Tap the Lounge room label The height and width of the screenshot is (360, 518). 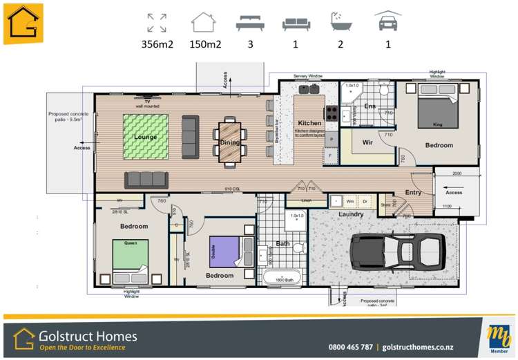click(x=146, y=137)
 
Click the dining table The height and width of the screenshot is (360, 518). click(x=229, y=142)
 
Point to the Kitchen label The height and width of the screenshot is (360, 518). click(x=309, y=122)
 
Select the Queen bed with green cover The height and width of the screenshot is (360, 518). click(x=130, y=256)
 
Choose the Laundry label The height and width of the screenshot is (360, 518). click(x=351, y=214)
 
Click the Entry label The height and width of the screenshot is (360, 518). click(x=413, y=192)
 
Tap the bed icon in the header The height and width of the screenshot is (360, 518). click(x=250, y=24)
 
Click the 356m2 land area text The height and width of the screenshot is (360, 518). click(x=157, y=45)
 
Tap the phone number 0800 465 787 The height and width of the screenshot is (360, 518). click(x=350, y=347)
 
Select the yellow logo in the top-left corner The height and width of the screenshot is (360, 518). click(x=23, y=23)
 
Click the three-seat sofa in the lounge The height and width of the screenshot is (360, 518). click(x=146, y=180)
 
